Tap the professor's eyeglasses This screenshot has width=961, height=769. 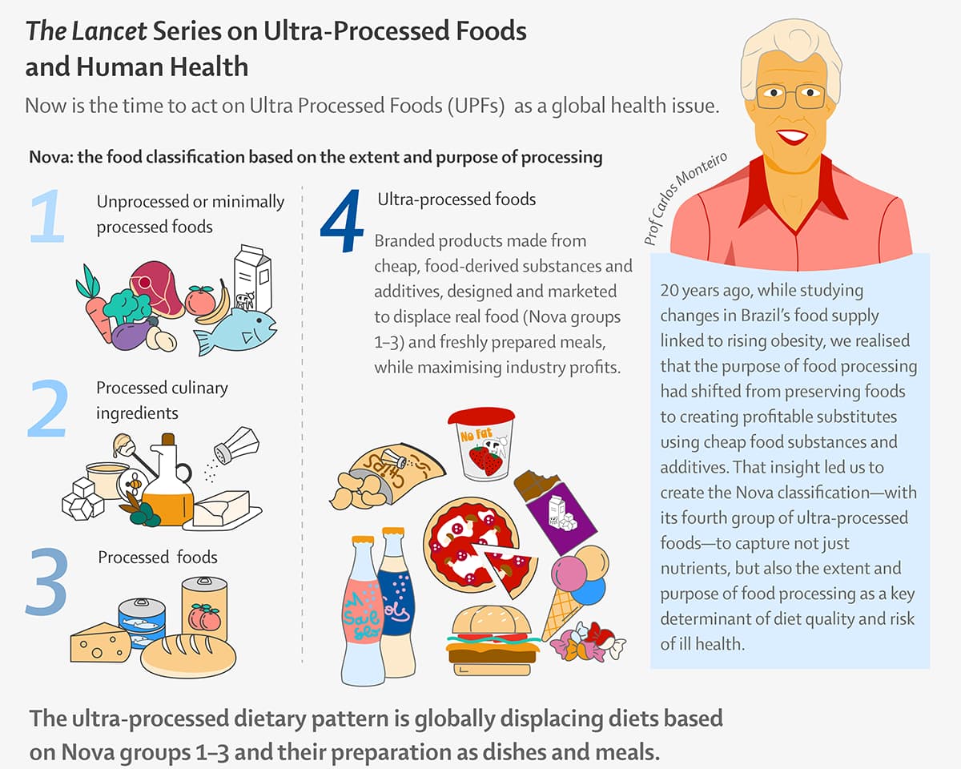click(790, 96)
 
